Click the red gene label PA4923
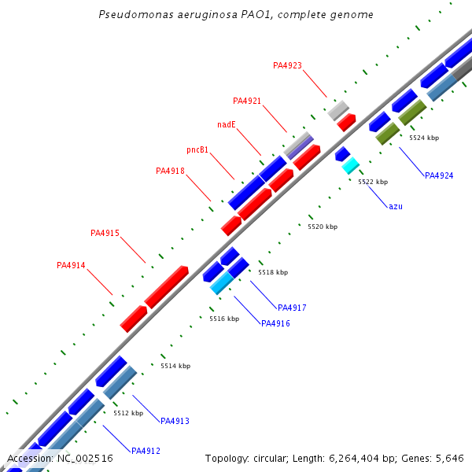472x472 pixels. click(x=287, y=65)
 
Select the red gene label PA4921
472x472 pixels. click(x=247, y=101)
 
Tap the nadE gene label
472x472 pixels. click(x=227, y=124)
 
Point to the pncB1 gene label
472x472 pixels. click(x=197, y=149)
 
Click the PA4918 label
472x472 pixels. click(x=170, y=171)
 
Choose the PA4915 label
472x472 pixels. click(x=105, y=233)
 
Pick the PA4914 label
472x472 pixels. click(x=71, y=265)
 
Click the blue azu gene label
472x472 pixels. click(x=396, y=206)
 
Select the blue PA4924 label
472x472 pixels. click(x=439, y=175)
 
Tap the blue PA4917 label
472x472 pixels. click(x=292, y=308)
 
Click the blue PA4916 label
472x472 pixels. click(x=275, y=323)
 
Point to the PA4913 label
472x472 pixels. click(x=175, y=421)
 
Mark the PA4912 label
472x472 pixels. click(x=146, y=451)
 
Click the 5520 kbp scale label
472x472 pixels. click(x=322, y=227)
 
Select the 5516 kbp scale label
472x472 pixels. click(x=223, y=319)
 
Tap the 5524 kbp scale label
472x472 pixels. click(x=423, y=138)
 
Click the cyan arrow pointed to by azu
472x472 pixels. click(x=350, y=165)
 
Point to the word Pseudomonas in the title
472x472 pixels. click(x=133, y=15)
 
